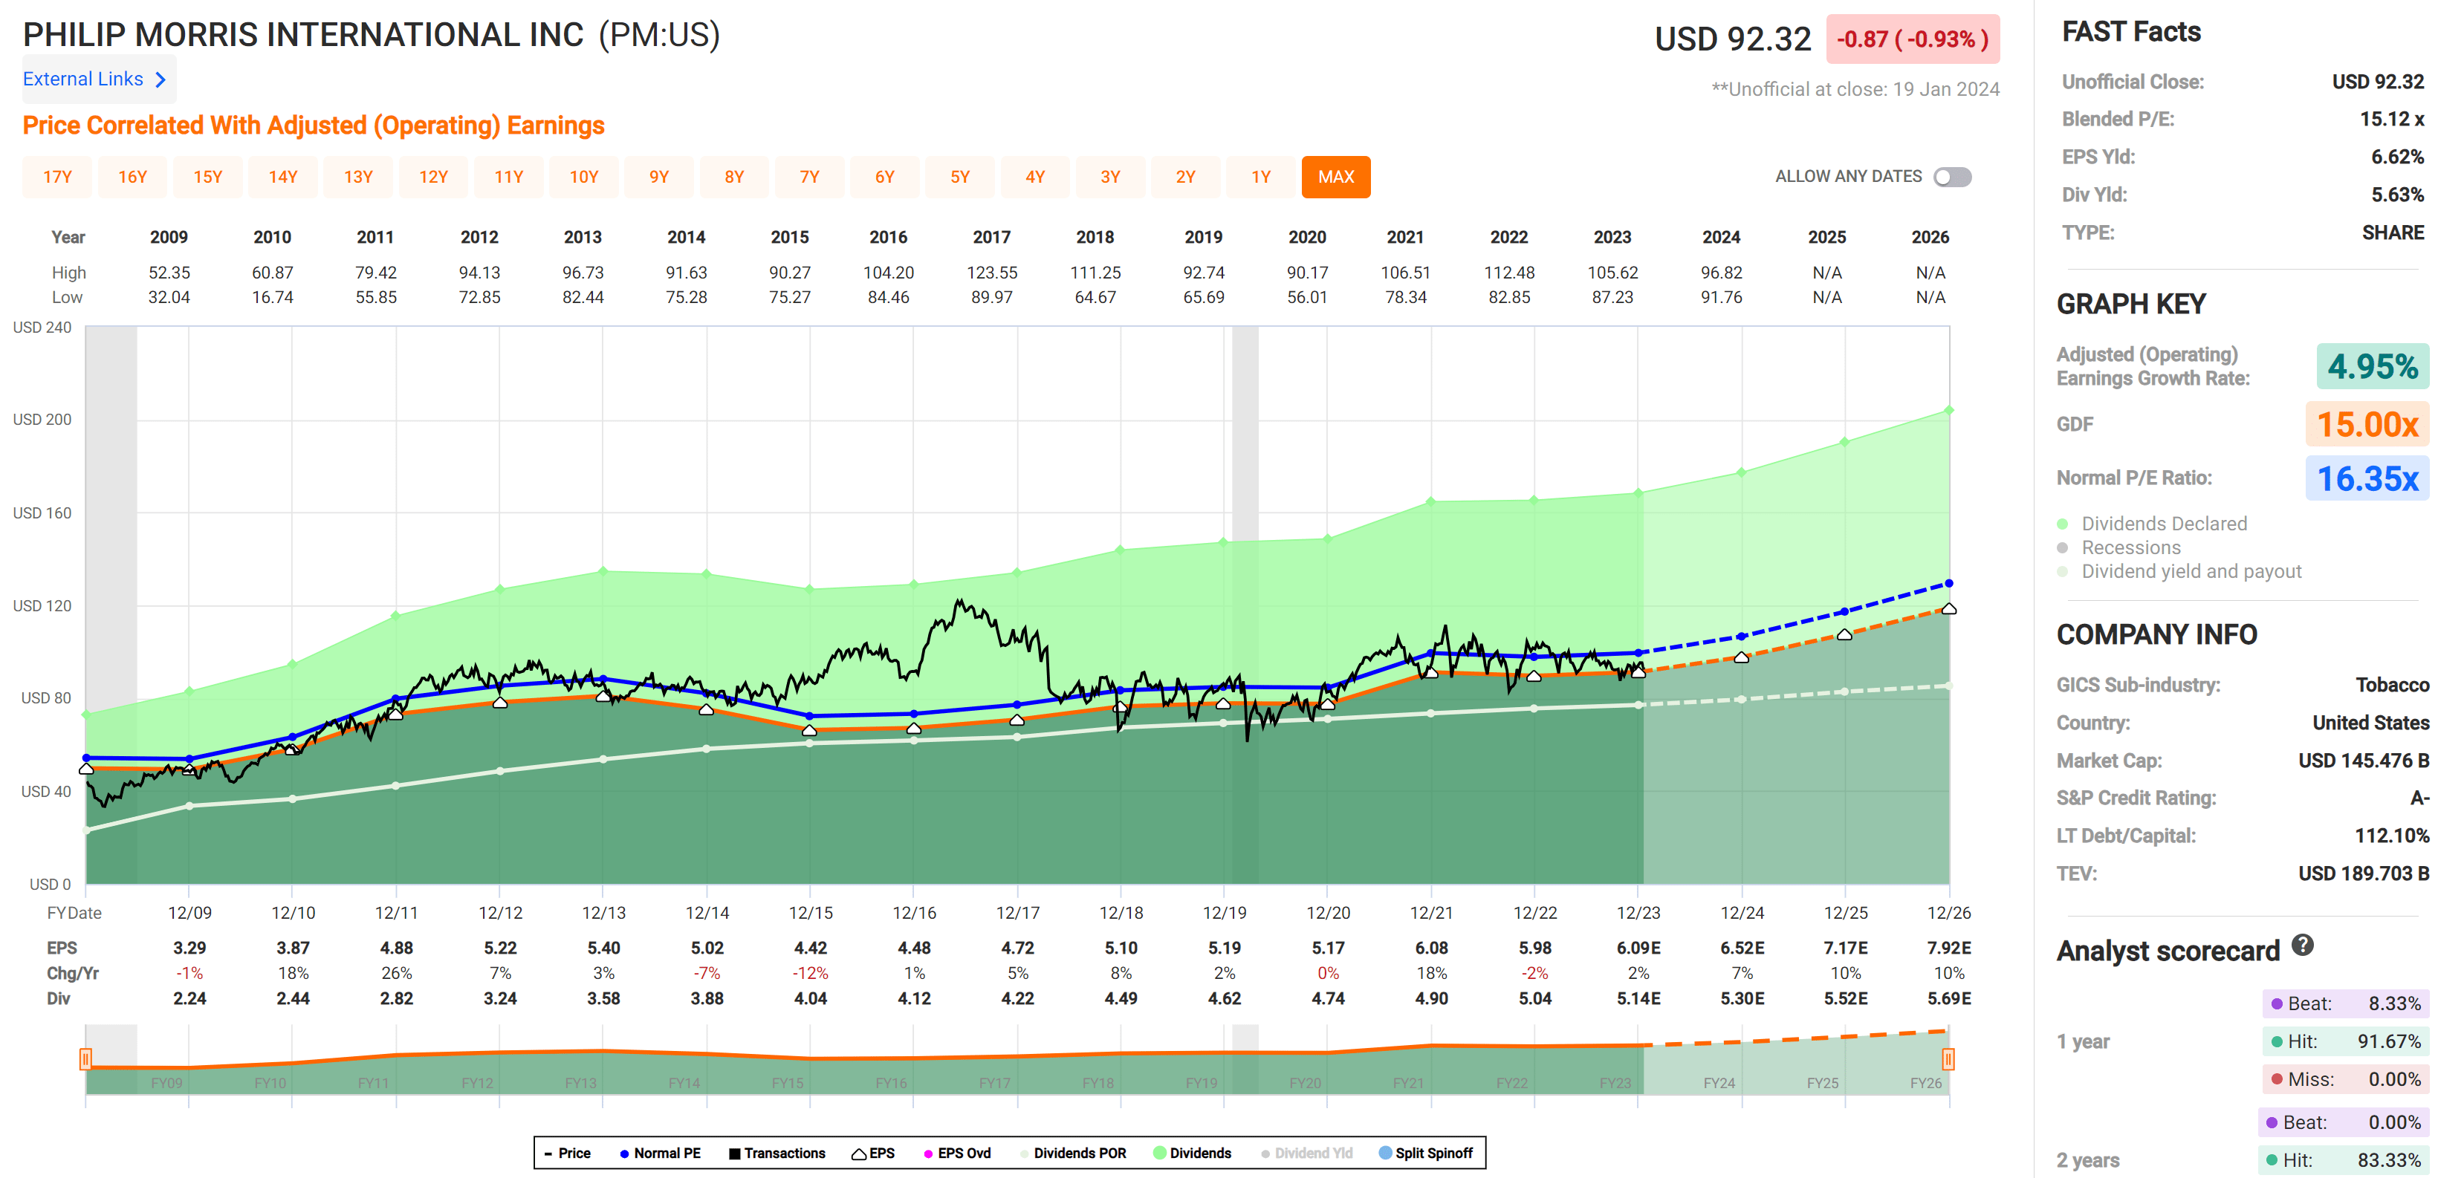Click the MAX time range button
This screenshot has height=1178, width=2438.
point(1335,177)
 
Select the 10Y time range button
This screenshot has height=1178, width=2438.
point(583,177)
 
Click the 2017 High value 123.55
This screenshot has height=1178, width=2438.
point(991,273)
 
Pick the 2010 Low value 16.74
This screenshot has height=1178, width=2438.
point(273,297)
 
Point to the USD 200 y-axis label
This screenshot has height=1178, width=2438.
point(42,419)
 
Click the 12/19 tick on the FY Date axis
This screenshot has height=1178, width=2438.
point(1224,913)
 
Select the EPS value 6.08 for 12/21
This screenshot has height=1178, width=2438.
point(1431,948)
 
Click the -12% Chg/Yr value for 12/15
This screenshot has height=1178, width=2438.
point(810,973)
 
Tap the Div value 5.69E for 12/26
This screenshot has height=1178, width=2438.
point(1949,998)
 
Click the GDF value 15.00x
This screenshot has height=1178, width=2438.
point(2366,425)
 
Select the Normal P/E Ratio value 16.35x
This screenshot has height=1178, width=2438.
point(2366,479)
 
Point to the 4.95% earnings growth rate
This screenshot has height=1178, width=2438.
point(2372,367)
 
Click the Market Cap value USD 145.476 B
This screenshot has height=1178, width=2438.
point(2362,761)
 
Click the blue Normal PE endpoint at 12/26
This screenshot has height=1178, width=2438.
point(1949,584)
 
